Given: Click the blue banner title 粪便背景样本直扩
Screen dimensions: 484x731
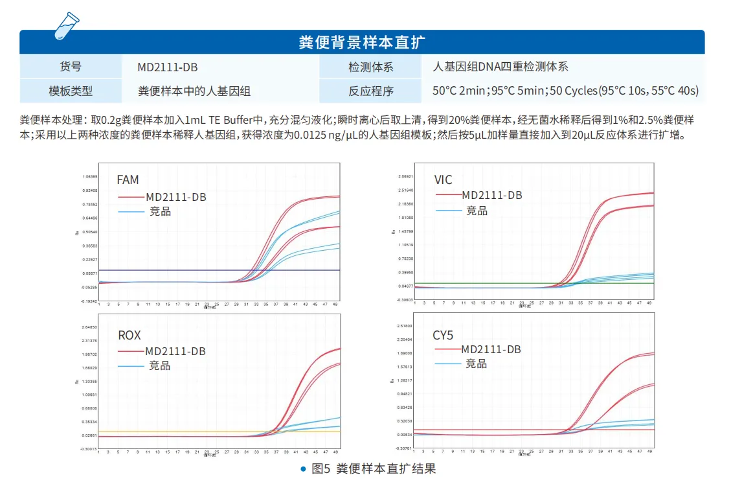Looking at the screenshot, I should click(x=362, y=43).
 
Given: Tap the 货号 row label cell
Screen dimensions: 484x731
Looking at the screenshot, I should click(x=71, y=67).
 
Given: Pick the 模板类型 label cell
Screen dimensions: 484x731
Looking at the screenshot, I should click(x=71, y=91).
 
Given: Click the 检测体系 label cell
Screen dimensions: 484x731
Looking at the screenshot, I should click(x=370, y=67).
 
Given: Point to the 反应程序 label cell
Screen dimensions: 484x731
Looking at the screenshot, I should click(x=370, y=91).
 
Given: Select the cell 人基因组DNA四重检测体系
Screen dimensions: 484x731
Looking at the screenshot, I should click(x=500, y=67).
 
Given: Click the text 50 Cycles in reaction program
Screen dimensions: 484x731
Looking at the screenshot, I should click(x=573, y=91).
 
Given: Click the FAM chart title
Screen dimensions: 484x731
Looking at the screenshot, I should click(x=128, y=180).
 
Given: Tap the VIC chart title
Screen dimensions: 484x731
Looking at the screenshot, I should click(x=444, y=179).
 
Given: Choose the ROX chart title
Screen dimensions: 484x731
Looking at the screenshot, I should click(x=129, y=336).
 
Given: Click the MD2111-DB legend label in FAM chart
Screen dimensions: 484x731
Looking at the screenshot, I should click(x=175, y=197).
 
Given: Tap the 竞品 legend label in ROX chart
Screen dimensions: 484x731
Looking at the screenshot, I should click(x=159, y=365).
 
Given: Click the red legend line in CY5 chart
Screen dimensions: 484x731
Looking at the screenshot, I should click(x=447, y=349).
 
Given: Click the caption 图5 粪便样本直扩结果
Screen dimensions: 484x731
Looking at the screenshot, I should click(x=374, y=468).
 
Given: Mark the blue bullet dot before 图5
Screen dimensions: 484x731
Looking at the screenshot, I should click(x=303, y=468).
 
